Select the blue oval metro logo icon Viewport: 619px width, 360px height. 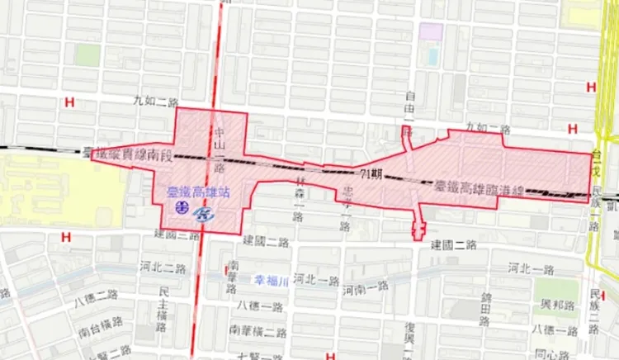click(204, 214)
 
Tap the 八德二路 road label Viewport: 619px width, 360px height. click(96, 295)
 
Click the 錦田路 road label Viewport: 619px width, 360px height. click(486, 306)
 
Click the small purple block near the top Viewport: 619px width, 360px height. click(430, 31)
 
